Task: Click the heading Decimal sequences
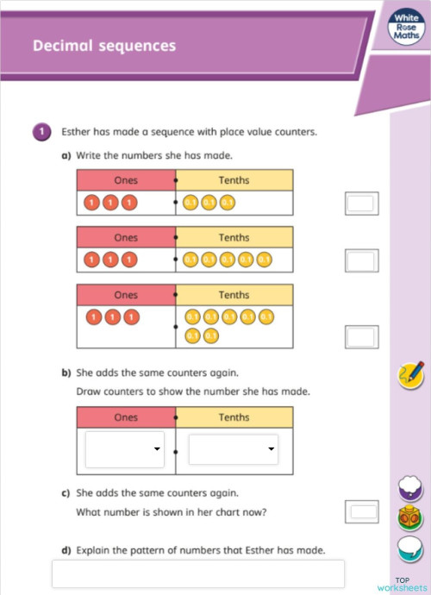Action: coord(103,46)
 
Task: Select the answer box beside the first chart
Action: coord(360,204)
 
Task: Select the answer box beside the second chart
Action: coord(360,260)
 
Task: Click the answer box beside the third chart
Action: coord(360,335)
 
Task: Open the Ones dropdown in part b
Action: coord(125,449)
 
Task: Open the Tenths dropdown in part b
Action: coord(233,449)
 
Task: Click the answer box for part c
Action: coord(360,511)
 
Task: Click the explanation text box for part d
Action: coord(198,573)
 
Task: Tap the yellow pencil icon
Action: coord(410,375)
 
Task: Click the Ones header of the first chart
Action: coord(126,180)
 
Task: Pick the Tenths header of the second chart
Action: coord(234,237)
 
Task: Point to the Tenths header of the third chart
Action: coord(234,295)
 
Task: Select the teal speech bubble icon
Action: coord(409,548)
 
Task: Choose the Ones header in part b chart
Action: coord(126,416)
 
